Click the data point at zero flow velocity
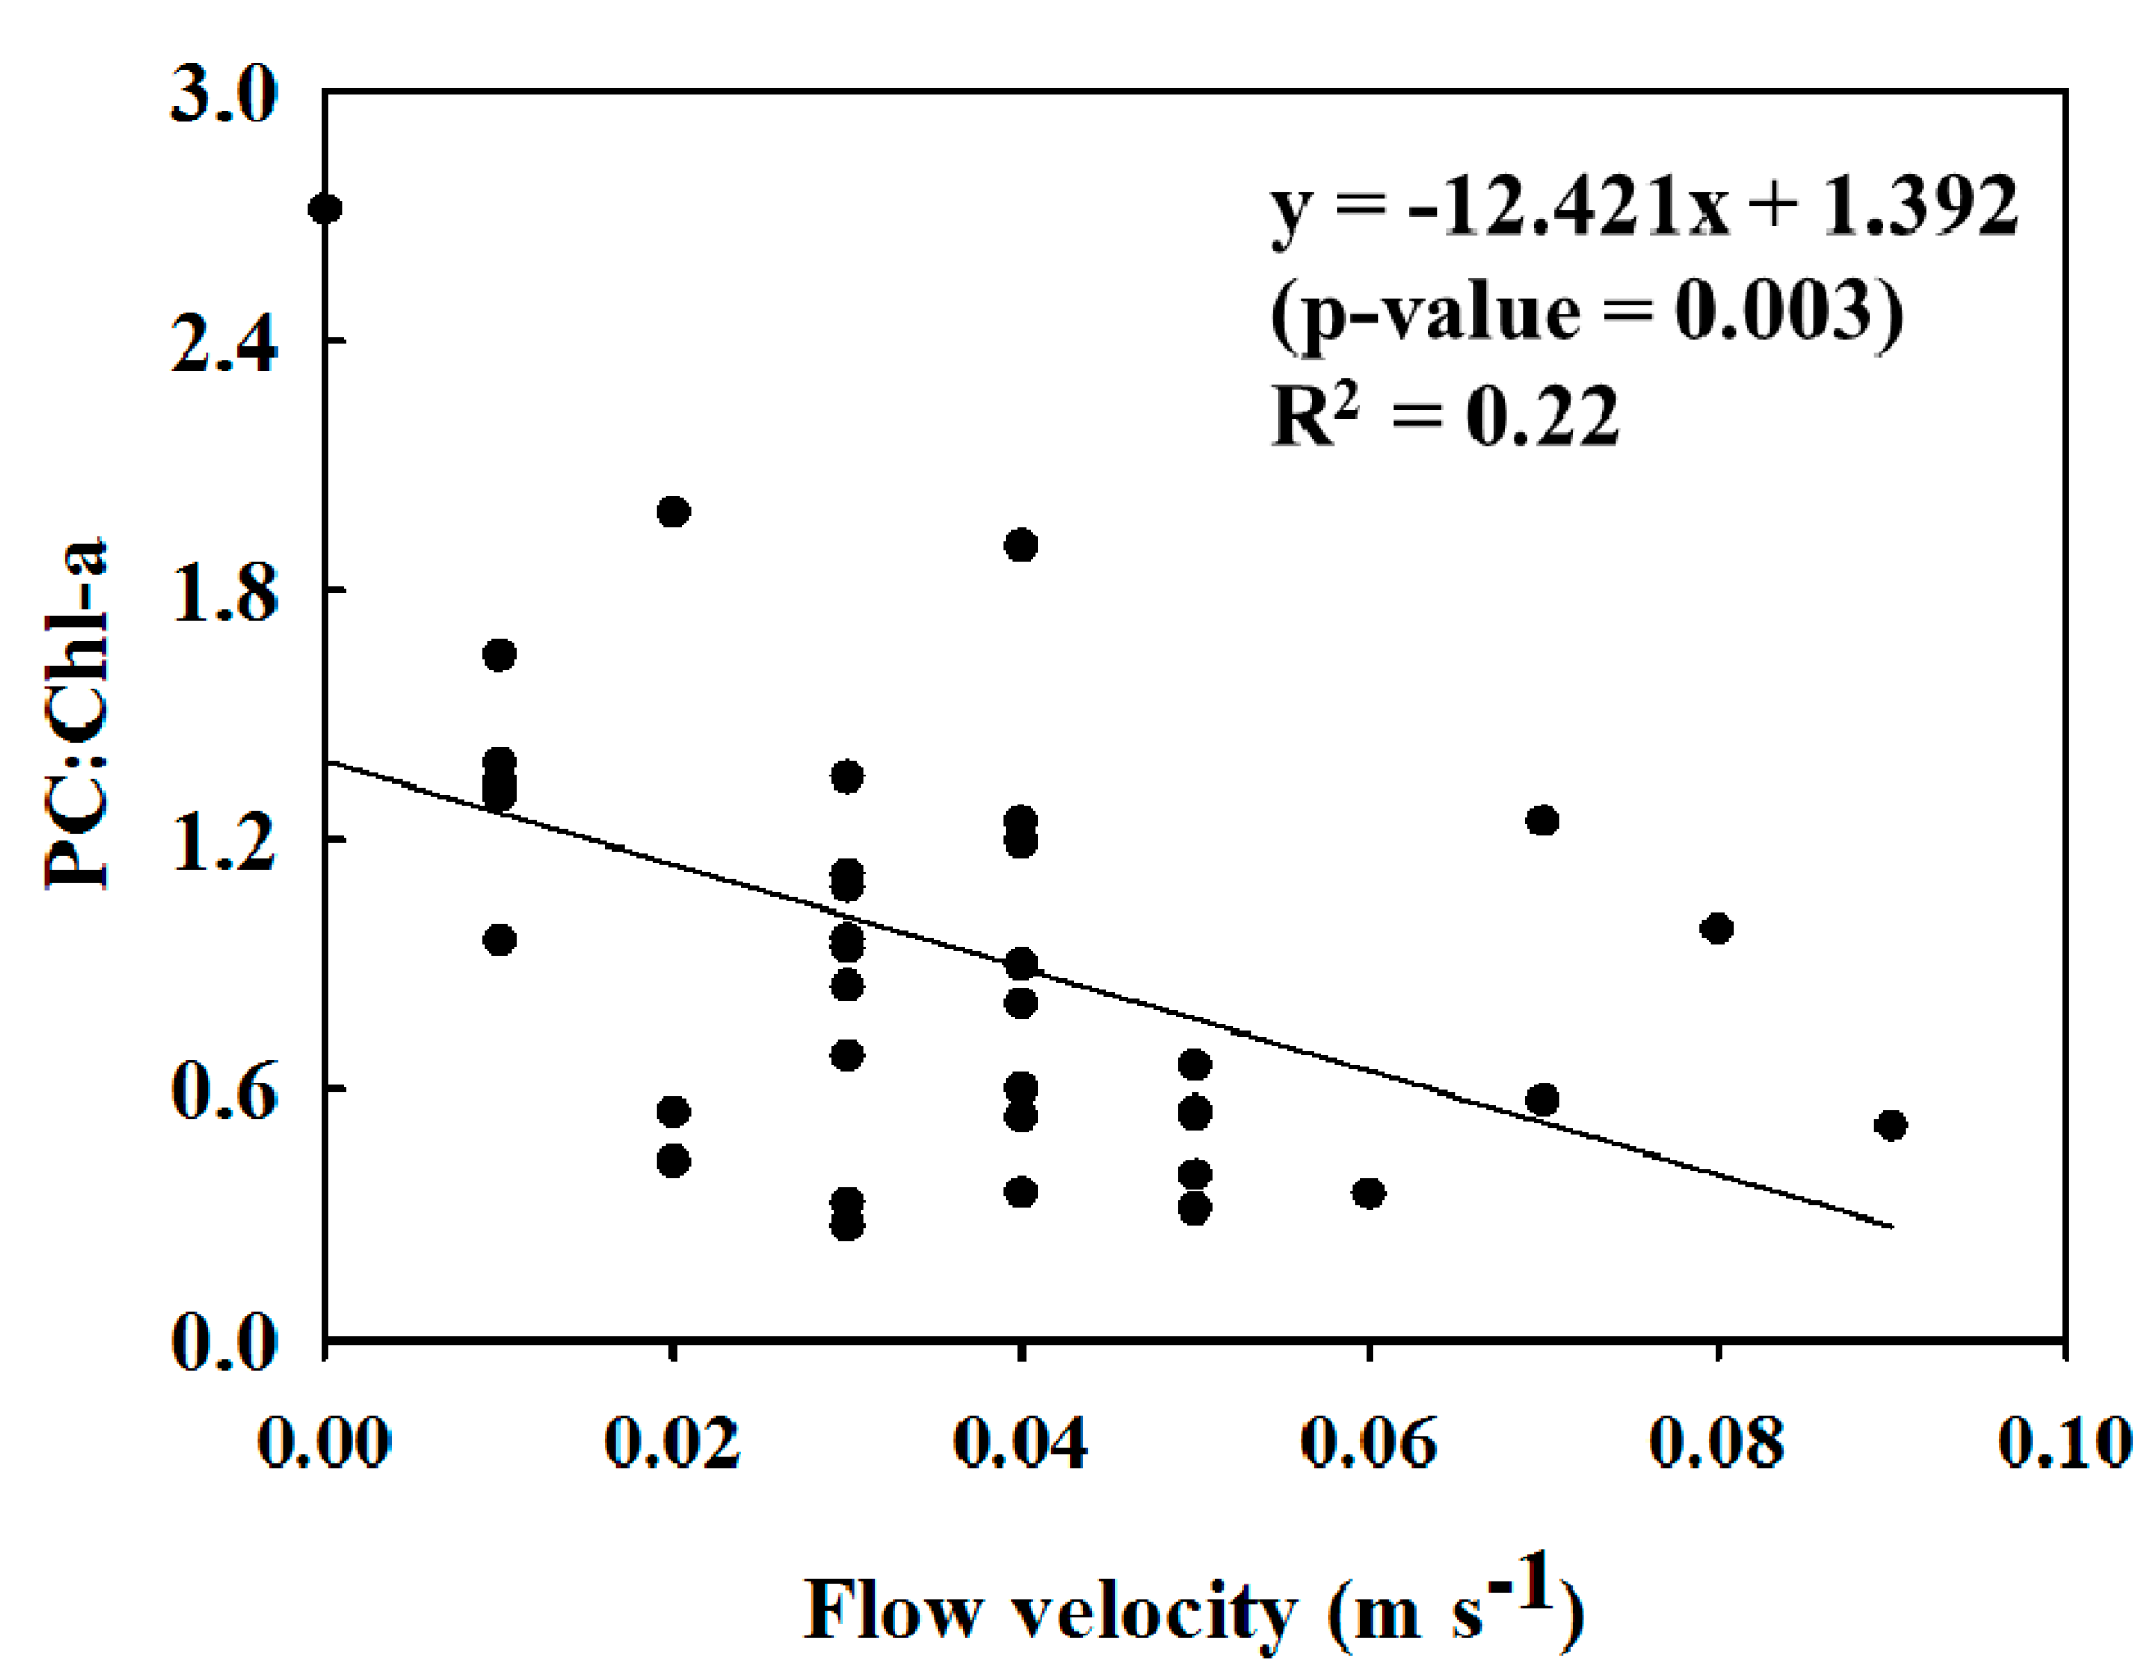(x=325, y=208)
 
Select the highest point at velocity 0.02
(x=673, y=512)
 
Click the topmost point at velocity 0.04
(x=1021, y=545)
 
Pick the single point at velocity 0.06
(x=1369, y=1193)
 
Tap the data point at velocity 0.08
(x=1717, y=929)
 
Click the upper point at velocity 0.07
(x=1543, y=820)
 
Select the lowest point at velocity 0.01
(x=499, y=940)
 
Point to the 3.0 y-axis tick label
(x=225, y=100)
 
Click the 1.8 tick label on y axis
(x=225, y=596)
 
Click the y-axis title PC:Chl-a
(x=77, y=715)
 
